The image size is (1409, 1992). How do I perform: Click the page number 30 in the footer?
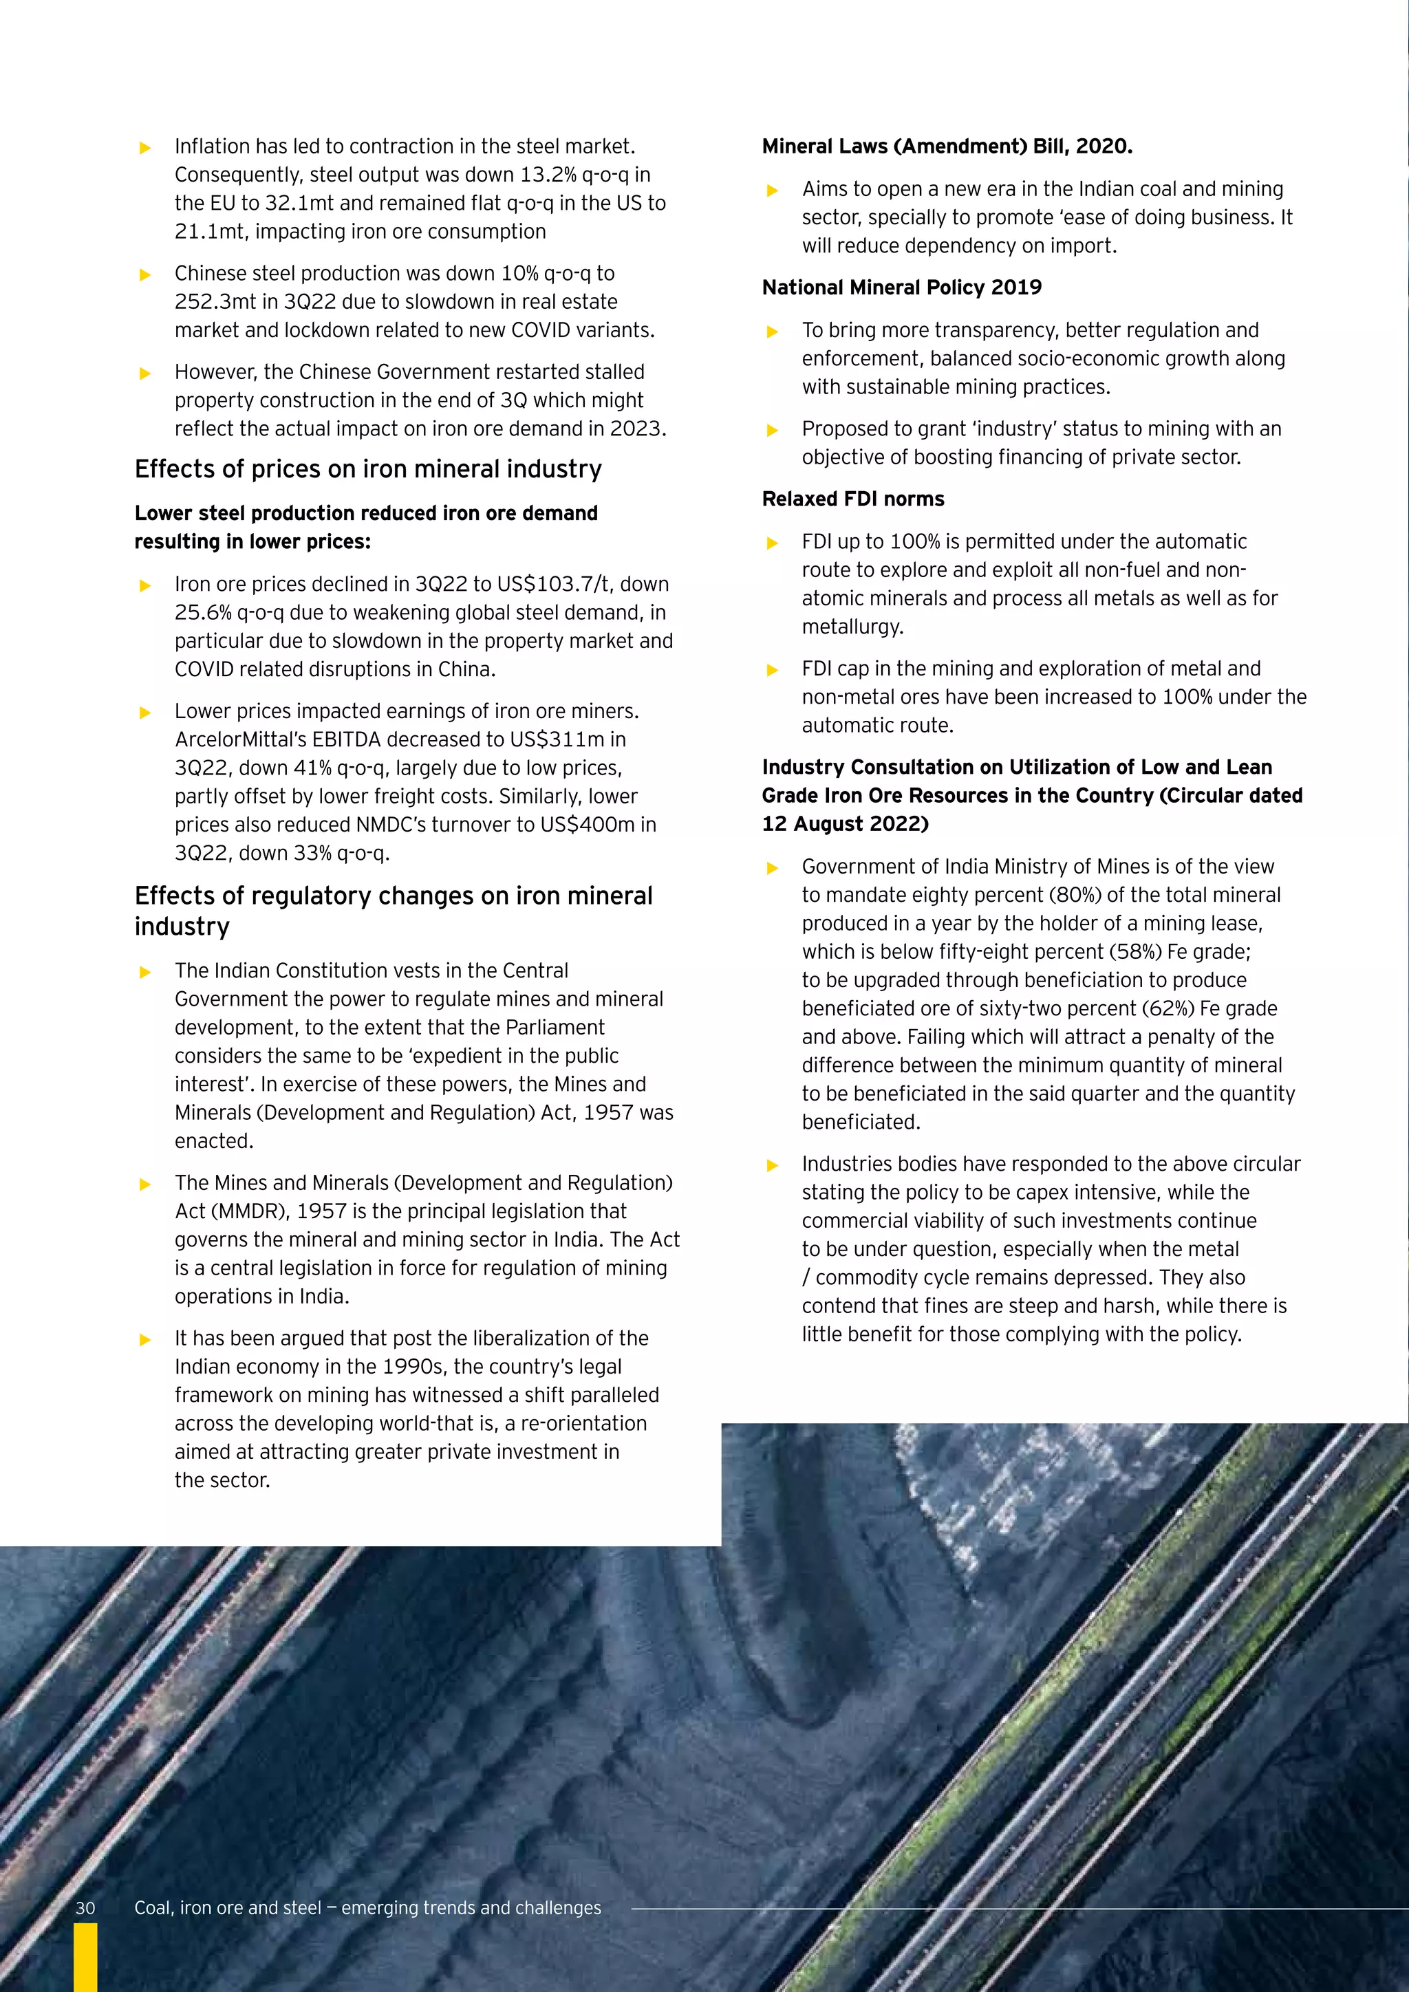point(85,1908)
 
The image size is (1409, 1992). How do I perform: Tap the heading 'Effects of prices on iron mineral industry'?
point(368,469)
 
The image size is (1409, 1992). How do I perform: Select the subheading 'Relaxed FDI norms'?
point(853,499)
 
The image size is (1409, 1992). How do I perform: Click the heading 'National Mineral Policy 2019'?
point(901,287)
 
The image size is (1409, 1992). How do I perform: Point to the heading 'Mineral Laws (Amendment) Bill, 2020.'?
point(947,146)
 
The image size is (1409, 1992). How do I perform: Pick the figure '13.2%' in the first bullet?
point(548,175)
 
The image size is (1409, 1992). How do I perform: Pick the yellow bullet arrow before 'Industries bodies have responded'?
point(772,1166)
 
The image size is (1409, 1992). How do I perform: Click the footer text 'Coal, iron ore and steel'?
point(227,1908)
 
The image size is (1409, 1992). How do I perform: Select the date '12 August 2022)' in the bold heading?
point(845,824)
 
